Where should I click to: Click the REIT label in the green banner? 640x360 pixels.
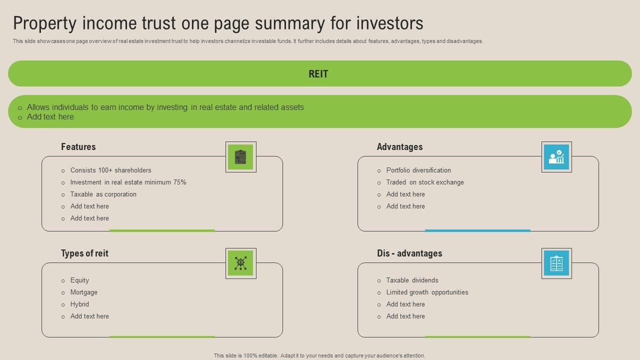tap(318, 74)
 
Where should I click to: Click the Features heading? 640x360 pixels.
tap(78, 147)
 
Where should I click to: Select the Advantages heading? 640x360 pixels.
tap(399, 147)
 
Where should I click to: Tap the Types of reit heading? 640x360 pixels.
tap(84, 253)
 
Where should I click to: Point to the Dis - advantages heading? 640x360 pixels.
tap(409, 253)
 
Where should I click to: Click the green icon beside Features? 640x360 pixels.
tap(240, 157)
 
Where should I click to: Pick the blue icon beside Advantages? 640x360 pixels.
tap(556, 157)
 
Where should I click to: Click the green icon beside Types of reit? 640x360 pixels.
tap(240, 263)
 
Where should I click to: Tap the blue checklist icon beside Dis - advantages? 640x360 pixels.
tap(556, 263)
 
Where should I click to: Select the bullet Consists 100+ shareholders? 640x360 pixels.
tap(110, 170)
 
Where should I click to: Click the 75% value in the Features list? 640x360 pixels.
tap(179, 182)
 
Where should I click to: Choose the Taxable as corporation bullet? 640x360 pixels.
tap(103, 194)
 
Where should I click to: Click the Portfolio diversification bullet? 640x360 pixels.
tap(418, 170)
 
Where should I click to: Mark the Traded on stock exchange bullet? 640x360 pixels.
tap(425, 182)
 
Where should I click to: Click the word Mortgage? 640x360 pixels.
tap(84, 292)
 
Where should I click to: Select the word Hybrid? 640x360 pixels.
tap(79, 304)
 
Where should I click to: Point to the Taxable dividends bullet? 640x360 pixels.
tap(412, 280)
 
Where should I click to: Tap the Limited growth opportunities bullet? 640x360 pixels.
tap(427, 292)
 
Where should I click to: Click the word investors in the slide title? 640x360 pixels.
tap(389, 23)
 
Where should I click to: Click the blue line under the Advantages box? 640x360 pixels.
tap(477, 230)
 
